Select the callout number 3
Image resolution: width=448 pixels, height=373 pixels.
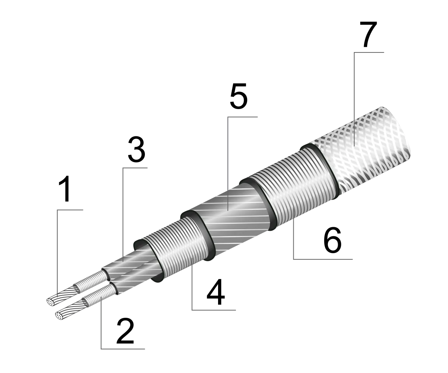tap(136, 149)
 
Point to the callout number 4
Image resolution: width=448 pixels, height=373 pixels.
tap(216, 292)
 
